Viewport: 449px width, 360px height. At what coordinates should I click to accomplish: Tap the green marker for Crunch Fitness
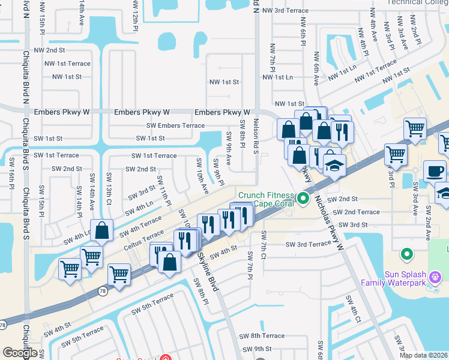coord(304,199)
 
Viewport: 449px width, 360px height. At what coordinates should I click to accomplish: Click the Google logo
coord(20,353)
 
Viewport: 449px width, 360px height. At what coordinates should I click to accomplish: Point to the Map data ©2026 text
coord(424,355)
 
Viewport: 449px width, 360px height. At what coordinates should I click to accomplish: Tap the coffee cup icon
coord(435,171)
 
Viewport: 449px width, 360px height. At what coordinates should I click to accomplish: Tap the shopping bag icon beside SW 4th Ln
coord(101,230)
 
